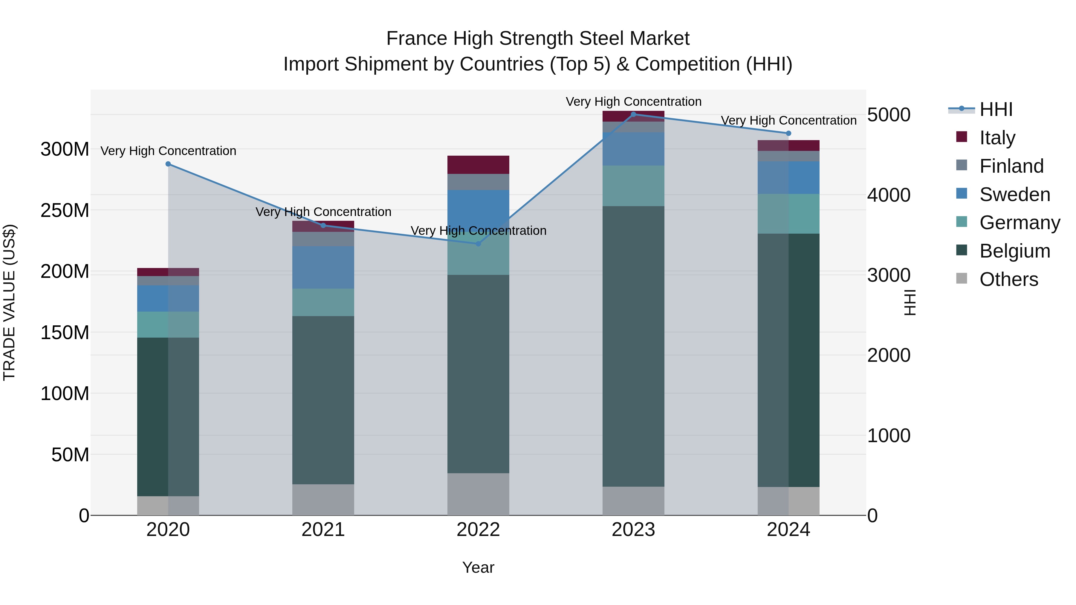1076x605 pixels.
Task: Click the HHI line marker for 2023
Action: click(x=633, y=114)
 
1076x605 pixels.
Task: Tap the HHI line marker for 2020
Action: click(x=168, y=164)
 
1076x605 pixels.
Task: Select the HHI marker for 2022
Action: click(x=478, y=244)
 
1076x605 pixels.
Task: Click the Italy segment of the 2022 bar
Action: click(x=478, y=165)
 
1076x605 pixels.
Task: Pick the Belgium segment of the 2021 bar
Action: click(x=323, y=400)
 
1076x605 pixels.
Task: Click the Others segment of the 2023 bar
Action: click(x=633, y=501)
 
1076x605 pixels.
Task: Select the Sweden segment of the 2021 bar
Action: click(x=323, y=267)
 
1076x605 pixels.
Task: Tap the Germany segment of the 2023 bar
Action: click(x=633, y=186)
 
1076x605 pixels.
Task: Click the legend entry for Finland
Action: click(x=1011, y=166)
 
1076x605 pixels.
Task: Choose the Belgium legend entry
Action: click(x=1014, y=251)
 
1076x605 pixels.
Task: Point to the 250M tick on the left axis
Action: click(x=65, y=210)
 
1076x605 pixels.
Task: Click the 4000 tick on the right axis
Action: click(x=889, y=195)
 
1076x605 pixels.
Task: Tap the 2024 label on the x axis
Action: click(x=788, y=530)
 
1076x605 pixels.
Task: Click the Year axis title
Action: click(x=478, y=567)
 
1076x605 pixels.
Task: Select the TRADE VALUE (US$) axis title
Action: click(x=9, y=302)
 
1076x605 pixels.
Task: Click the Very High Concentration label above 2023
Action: click(x=633, y=102)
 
